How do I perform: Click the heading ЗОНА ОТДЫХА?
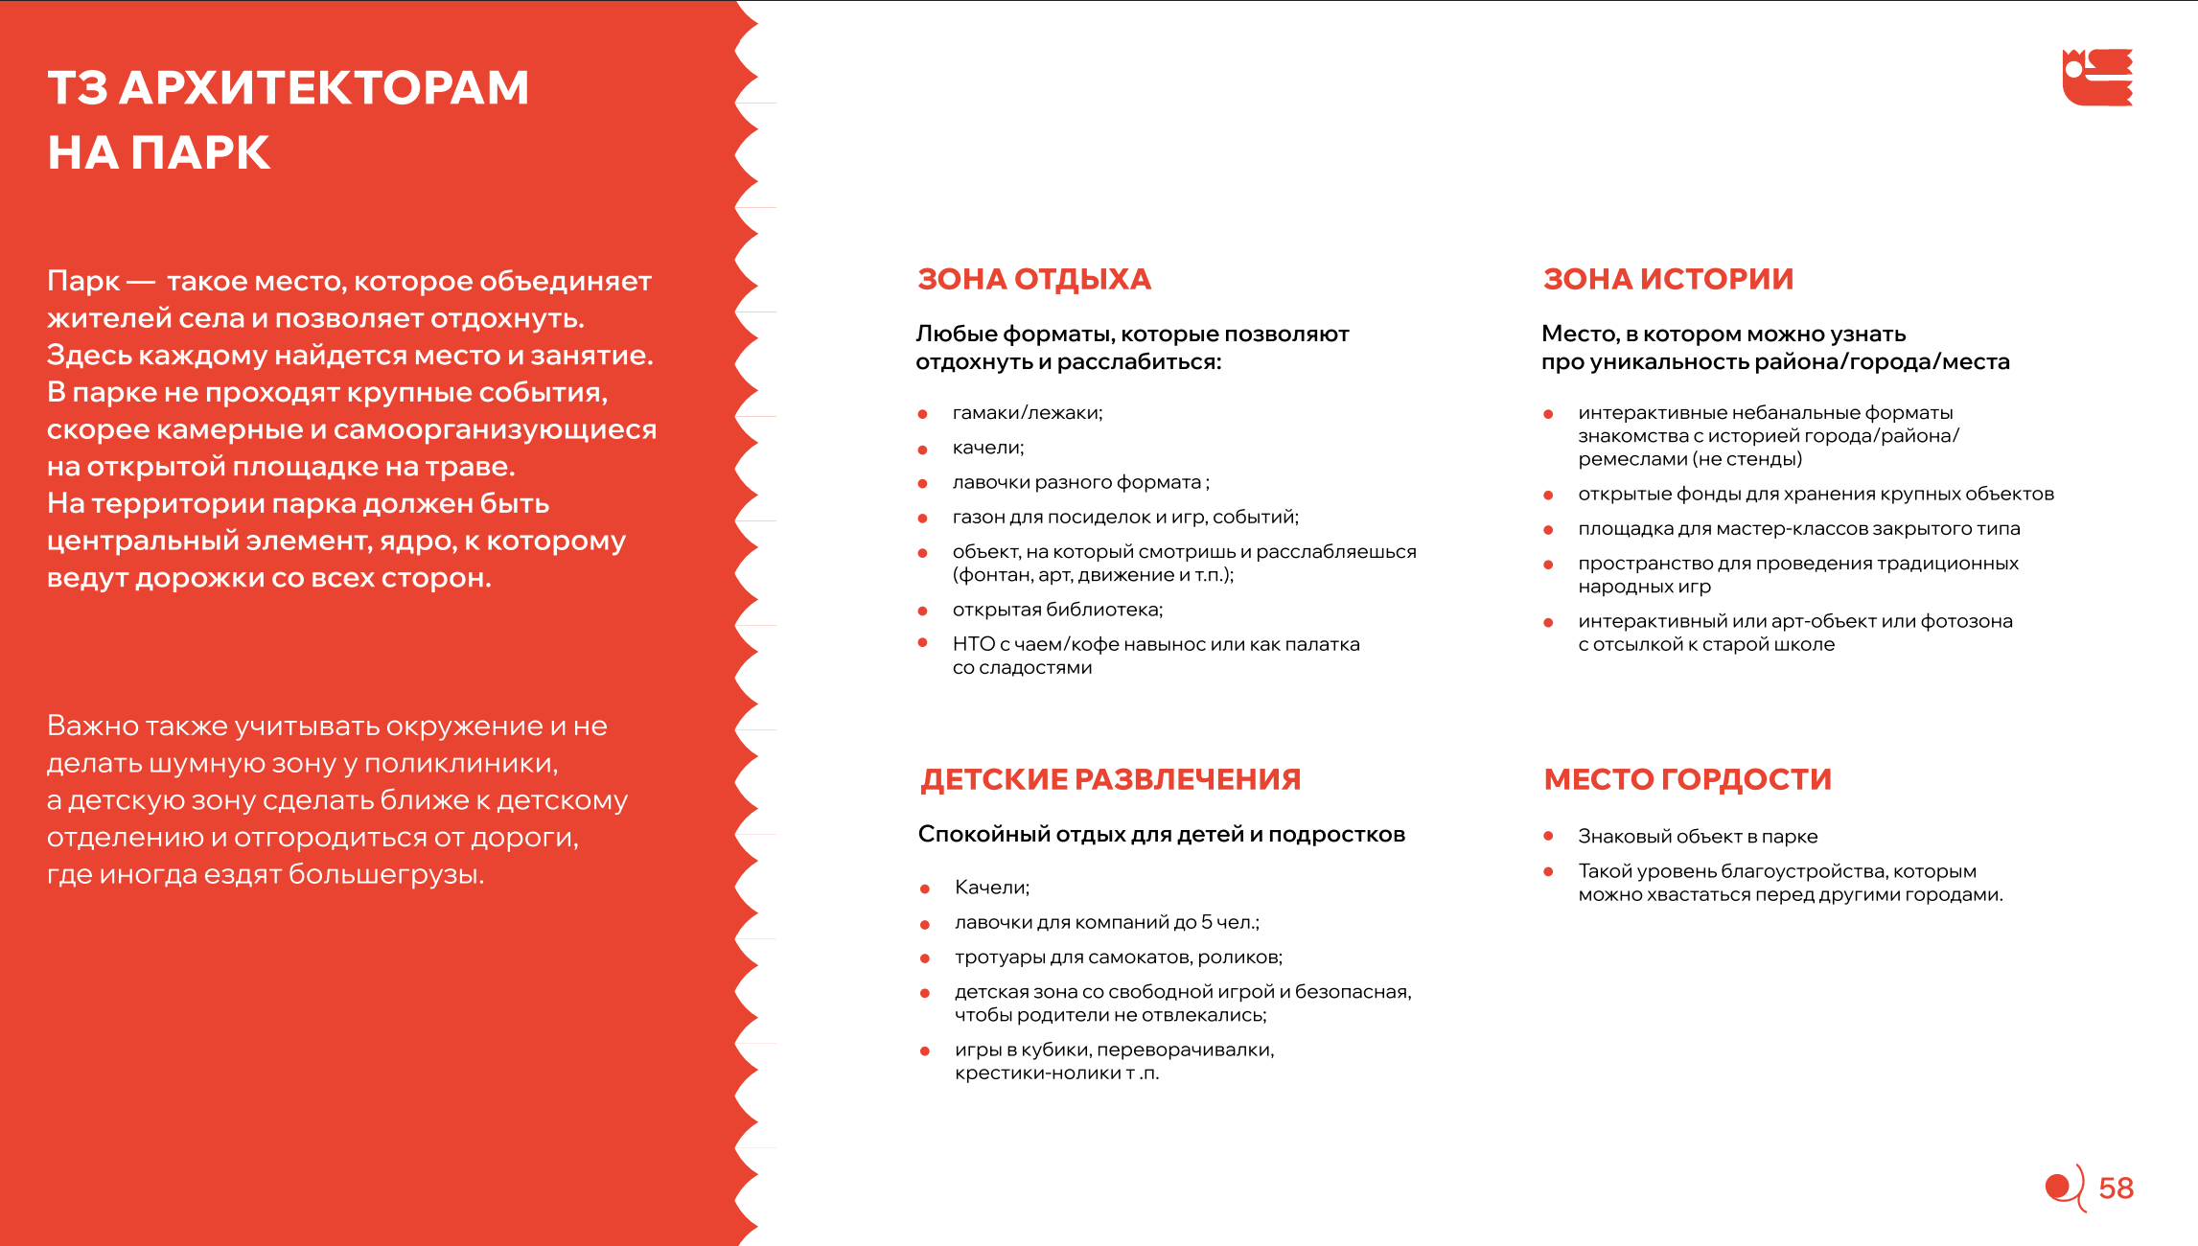point(1033,279)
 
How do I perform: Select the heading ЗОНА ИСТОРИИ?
point(1668,279)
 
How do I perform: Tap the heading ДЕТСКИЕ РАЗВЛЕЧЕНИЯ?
point(1110,779)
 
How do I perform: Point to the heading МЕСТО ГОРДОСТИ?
point(1687,779)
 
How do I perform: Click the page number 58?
point(2116,1188)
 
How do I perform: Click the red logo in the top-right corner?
point(2097,77)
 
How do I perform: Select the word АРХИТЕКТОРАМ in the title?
point(324,88)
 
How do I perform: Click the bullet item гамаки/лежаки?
point(1027,413)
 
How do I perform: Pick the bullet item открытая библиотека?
point(1056,610)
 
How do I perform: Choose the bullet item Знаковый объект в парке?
point(1697,837)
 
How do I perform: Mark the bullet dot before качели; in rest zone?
point(923,450)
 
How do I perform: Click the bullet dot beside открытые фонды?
point(1548,496)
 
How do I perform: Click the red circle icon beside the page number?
point(2058,1188)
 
